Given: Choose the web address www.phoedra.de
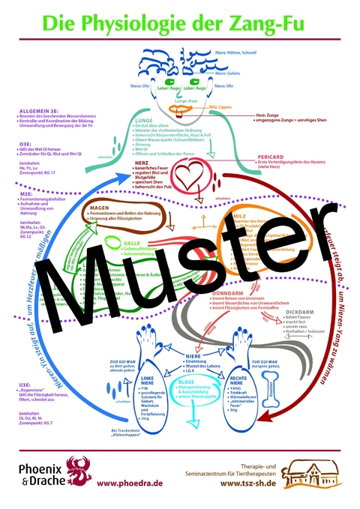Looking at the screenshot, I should (x=132, y=484).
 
